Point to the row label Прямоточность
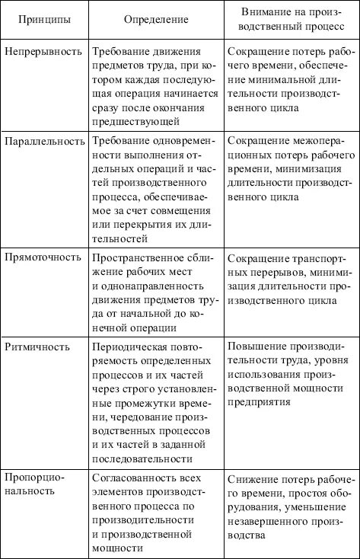click(x=43, y=257)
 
